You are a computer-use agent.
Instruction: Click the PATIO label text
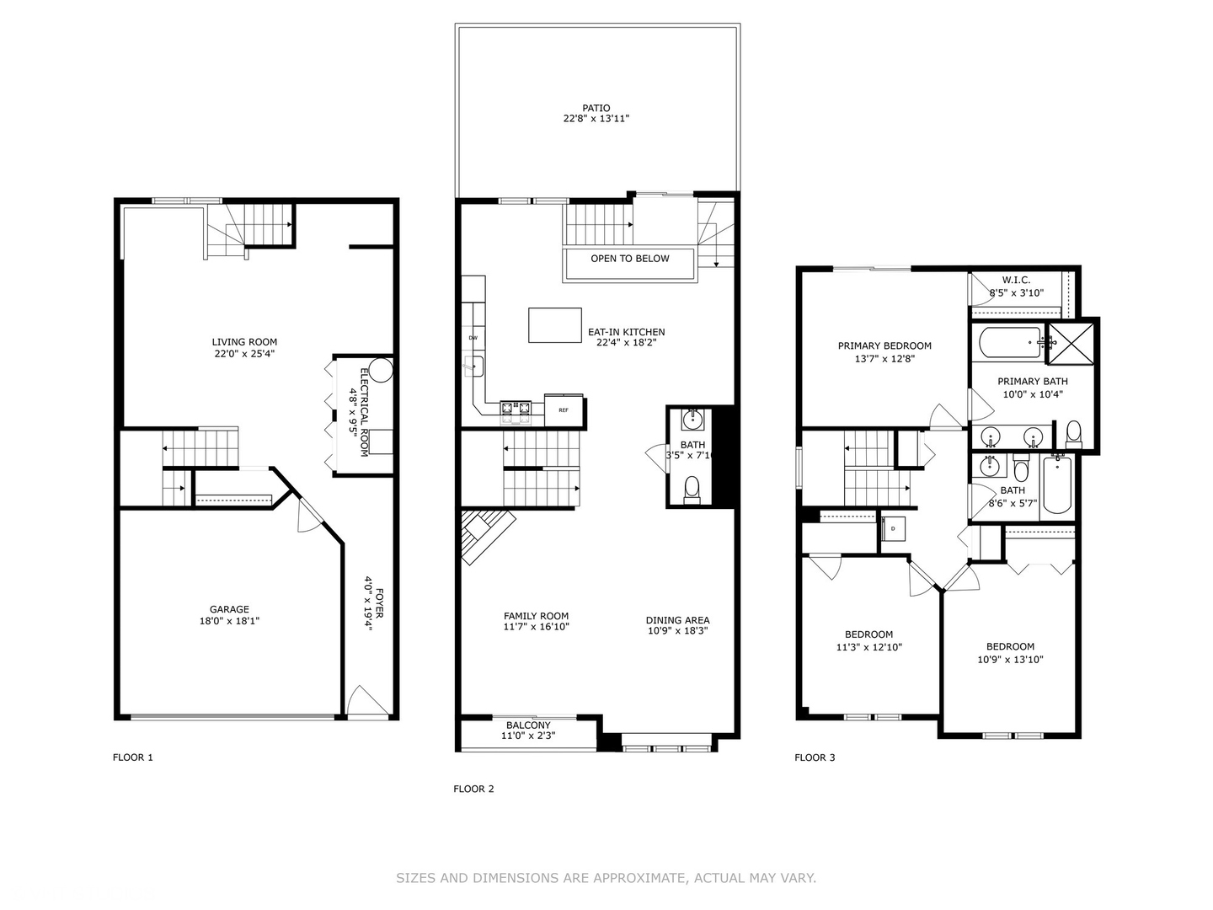tap(596, 108)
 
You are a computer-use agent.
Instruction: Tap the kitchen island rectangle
tap(554, 325)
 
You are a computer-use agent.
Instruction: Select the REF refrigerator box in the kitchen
tap(564, 410)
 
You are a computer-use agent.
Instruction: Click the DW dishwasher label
tap(473, 338)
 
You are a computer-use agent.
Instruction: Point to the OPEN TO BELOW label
tap(629, 259)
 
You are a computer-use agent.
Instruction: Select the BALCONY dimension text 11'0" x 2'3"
tap(528, 736)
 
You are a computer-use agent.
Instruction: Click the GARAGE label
tap(229, 609)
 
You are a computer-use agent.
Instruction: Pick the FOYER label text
tap(380, 603)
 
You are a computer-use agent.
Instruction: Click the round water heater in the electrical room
tap(381, 371)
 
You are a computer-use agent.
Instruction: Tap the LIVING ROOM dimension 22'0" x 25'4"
tap(244, 354)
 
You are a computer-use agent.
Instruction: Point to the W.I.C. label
tap(1016, 280)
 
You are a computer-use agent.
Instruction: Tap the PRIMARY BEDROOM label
tap(884, 345)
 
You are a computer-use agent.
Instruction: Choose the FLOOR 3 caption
tap(815, 757)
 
